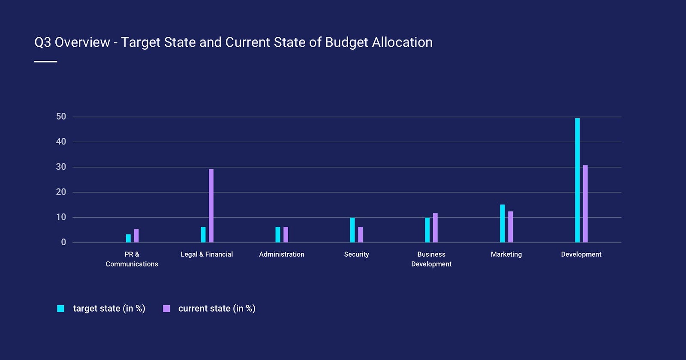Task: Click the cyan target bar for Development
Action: click(x=577, y=180)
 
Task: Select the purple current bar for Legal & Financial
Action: click(x=211, y=206)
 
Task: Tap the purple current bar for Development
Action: click(x=585, y=204)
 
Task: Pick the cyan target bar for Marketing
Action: click(x=502, y=223)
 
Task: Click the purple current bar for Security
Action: click(x=360, y=234)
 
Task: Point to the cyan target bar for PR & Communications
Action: click(x=128, y=238)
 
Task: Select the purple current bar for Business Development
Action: click(x=435, y=228)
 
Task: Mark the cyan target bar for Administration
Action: click(x=278, y=234)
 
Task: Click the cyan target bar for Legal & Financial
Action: click(x=203, y=234)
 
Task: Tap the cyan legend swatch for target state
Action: click(x=61, y=309)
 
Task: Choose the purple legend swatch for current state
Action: click(x=166, y=309)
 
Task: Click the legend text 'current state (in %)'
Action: click(x=217, y=309)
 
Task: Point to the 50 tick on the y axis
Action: click(x=61, y=117)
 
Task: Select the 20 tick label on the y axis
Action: click(x=61, y=192)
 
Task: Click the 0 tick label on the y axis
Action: click(x=63, y=242)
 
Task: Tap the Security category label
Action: click(x=356, y=254)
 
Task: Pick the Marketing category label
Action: click(x=506, y=254)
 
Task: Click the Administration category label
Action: click(x=282, y=254)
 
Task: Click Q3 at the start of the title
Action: click(x=42, y=42)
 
